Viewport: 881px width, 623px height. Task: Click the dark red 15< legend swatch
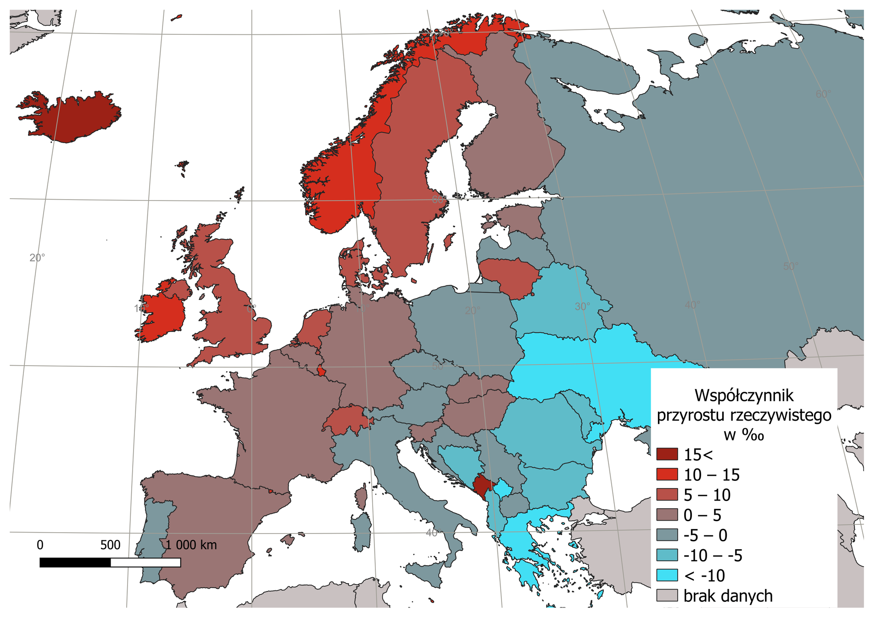[667, 455]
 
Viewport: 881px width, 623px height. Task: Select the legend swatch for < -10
[667, 575]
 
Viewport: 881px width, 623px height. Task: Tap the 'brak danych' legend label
[728, 596]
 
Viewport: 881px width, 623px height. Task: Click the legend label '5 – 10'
[707, 495]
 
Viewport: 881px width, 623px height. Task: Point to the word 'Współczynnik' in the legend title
[744, 395]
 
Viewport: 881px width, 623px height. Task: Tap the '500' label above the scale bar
[110, 545]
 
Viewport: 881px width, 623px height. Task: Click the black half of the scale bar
[75, 562]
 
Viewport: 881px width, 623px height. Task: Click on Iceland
[73, 117]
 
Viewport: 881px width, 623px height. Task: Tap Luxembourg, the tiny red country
[322, 371]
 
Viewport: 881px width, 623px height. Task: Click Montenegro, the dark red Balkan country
[482, 485]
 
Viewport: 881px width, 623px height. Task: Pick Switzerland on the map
[346, 419]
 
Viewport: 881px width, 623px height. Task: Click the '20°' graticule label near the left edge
[37, 258]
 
